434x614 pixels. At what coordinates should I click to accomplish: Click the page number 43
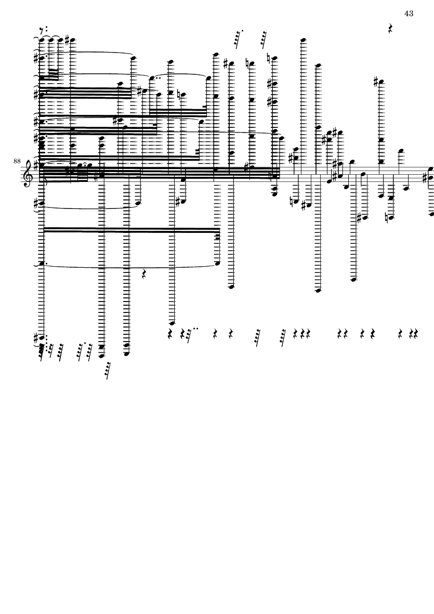pos(409,14)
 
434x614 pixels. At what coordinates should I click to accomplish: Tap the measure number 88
pos(17,161)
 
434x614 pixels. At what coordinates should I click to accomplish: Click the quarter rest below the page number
pos(390,28)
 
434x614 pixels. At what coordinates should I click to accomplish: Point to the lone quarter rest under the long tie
pos(143,273)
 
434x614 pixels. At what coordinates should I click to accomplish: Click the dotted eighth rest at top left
pos(44,29)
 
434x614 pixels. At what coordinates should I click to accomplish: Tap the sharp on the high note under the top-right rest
pos(376,82)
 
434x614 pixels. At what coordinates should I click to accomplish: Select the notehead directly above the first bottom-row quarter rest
pos(172,323)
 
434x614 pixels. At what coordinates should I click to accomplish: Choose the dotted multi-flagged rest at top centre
pos(238,39)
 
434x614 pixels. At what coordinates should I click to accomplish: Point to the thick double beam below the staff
pos(131,230)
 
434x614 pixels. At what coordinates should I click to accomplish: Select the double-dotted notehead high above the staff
pos(152,78)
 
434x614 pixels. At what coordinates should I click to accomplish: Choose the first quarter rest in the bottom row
pos(170,334)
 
